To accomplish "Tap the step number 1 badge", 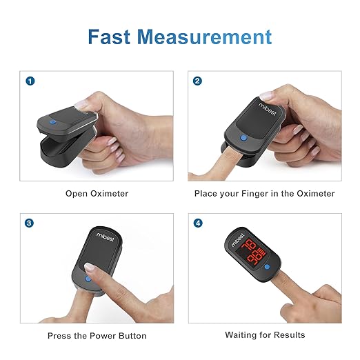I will [x=30, y=81].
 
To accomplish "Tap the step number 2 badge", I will [x=198, y=81].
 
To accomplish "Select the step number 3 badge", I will [x=30, y=223].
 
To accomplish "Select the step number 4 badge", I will [x=198, y=223].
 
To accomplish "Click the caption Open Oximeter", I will [x=97, y=194].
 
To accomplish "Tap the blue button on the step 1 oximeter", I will [x=54, y=124].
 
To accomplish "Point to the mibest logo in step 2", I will [x=266, y=110].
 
